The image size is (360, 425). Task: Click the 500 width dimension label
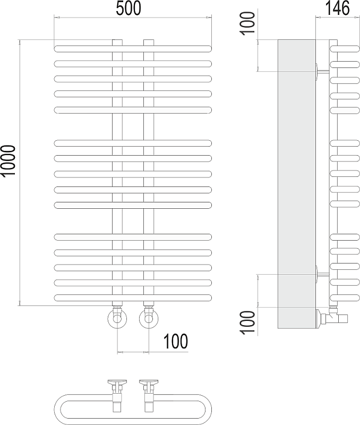click(128, 8)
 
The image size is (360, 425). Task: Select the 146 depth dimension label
click(337, 8)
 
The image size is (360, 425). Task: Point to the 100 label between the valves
click(176, 341)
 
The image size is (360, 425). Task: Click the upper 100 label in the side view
click(248, 23)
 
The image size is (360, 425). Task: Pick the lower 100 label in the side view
click(248, 322)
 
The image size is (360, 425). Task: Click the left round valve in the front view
click(117, 318)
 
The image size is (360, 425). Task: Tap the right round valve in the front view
click(149, 318)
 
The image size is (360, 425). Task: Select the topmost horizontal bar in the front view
click(133, 49)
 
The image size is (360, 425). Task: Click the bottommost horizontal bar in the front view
click(133, 297)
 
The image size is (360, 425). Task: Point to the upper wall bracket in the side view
click(322, 71)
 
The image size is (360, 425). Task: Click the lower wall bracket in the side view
click(322, 275)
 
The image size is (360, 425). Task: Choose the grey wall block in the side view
click(297, 184)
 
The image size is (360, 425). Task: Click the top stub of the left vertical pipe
click(117, 42)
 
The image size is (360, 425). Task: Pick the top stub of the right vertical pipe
click(149, 42)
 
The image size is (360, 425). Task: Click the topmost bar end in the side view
click(345, 49)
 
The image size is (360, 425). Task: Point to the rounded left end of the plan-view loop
click(58, 409)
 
